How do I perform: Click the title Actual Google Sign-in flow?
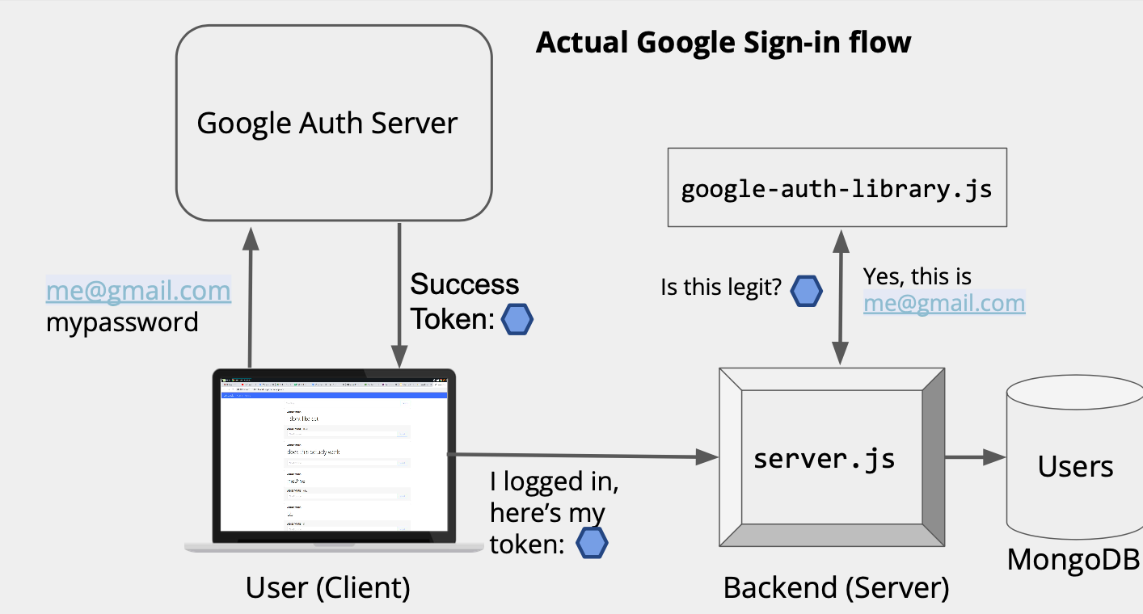pos(723,42)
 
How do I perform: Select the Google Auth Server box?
pos(334,124)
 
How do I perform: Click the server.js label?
pos(824,459)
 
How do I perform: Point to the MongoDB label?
pos(1073,559)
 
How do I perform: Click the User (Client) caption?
pos(328,587)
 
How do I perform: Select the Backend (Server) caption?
pos(836,587)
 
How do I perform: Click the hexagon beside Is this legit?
pos(806,291)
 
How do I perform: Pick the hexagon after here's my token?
pos(592,544)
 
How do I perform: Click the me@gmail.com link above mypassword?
pos(138,290)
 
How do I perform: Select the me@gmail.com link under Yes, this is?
pos(944,303)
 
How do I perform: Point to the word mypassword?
pos(122,322)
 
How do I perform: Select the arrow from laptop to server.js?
pos(582,456)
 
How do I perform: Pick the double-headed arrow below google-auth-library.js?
pos(841,296)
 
